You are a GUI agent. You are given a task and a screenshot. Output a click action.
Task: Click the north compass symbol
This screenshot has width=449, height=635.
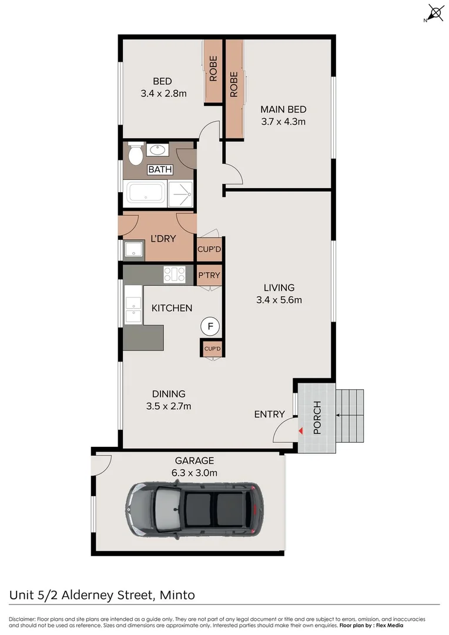click(435, 13)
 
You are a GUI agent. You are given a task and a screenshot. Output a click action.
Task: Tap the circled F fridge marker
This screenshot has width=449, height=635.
click(210, 325)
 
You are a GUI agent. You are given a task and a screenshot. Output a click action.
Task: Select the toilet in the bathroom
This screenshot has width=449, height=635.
click(135, 155)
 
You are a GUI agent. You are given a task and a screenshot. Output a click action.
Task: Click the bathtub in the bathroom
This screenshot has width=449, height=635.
click(146, 193)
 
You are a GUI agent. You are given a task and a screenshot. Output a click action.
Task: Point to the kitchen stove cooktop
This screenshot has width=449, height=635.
click(175, 274)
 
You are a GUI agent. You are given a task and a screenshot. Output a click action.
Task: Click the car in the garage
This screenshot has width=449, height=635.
click(193, 509)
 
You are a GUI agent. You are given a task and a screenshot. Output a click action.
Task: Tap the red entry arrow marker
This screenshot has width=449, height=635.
click(301, 432)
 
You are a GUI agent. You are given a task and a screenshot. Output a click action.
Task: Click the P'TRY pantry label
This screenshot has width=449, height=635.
click(209, 275)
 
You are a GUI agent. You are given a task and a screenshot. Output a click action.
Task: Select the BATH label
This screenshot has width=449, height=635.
click(160, 170)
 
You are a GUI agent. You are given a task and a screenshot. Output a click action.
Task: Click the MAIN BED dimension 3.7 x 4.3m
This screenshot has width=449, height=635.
click(283, 122)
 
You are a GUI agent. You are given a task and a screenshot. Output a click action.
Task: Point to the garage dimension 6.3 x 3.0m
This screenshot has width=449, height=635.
click(194, 473)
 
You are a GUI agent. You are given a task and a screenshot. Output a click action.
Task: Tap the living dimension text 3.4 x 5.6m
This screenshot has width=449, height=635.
click(279, 300)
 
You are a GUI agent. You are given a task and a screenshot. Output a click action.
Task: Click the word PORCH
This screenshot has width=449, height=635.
click(317, 417)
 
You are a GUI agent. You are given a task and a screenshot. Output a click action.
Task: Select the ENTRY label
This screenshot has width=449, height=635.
click(269, 415)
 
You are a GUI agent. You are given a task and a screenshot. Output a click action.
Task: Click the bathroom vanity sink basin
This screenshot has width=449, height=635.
click(157, 150)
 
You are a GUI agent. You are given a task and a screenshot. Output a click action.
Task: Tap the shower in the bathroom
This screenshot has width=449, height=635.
click(181, 193)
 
